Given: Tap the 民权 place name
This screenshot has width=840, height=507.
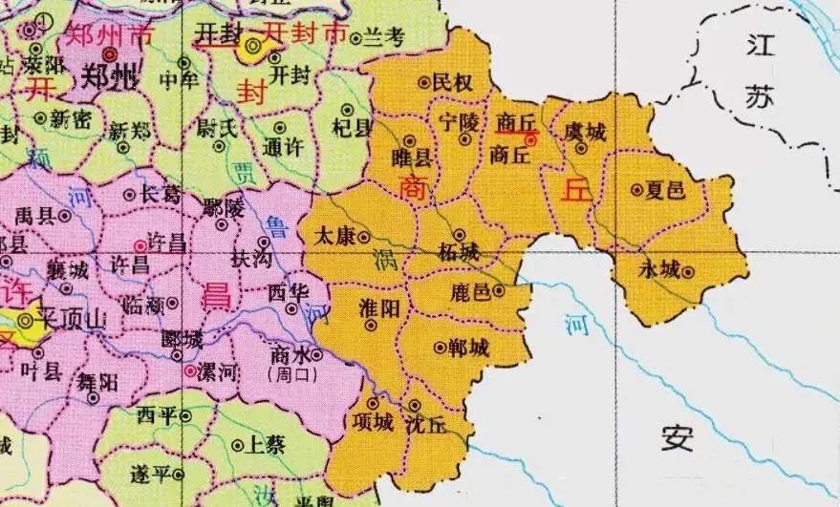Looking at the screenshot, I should [453, 84].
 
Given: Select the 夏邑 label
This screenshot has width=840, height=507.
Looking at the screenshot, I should [665, 190].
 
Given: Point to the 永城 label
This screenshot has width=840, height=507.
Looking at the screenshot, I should [659, 271].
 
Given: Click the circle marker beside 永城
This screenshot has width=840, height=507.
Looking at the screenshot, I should [687, 272].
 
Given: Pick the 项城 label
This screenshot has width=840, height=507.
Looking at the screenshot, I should [372, 422].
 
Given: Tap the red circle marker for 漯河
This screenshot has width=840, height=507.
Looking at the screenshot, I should [191, 370].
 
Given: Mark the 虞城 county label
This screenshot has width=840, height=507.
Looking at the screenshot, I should [586, 131].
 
